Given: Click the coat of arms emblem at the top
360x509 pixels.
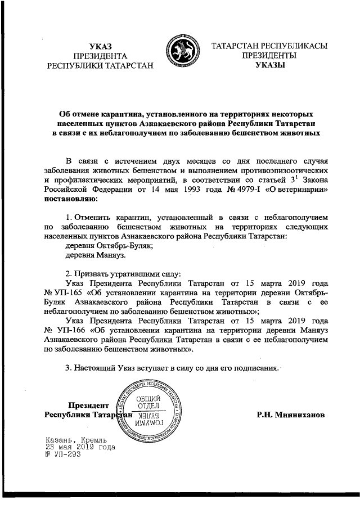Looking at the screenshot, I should [180, 56].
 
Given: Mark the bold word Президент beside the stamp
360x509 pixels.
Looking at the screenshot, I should [87, 405].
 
